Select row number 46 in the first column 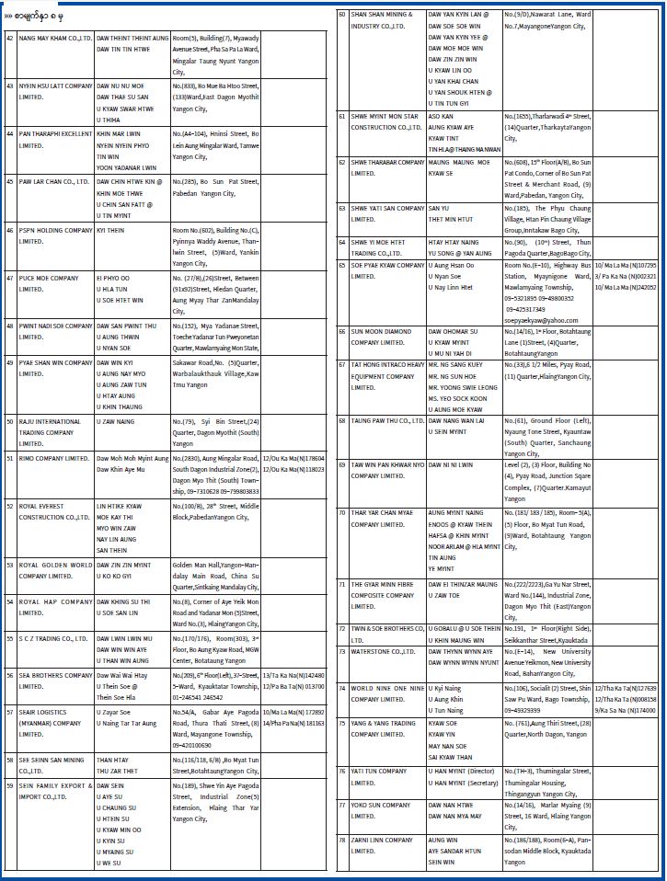(x=9, y=229)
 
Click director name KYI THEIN (x=111, y=229)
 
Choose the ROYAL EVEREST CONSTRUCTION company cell (x=53, y=511)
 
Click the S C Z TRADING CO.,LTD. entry (x=52, y=637)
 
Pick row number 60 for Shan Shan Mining (x=341, y=15)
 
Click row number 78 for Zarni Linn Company (x=341, y=840)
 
